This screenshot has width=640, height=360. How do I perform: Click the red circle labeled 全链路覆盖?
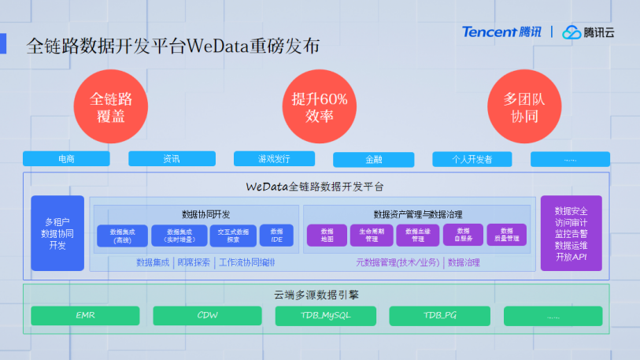[111, 107]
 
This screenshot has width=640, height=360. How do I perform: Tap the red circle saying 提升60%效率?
[319, 107]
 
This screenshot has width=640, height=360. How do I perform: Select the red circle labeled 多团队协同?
[525, 107]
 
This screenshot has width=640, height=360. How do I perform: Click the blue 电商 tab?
[66, 158]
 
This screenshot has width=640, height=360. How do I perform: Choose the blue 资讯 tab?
[172, 158]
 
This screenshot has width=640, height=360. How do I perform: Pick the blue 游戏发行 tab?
[274, 158]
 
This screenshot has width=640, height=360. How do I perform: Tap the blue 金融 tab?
[373, 159]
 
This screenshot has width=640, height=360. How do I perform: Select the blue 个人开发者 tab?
[472, 158]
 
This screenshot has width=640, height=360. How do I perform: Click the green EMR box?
[85, 316]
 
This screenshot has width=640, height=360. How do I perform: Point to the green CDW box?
[207, 316]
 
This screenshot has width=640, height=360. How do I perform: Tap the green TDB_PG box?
[441, 316]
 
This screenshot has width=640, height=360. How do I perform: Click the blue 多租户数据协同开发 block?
[57, 233]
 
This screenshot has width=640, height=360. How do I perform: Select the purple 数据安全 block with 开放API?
[571, 233]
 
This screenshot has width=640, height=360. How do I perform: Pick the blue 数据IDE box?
[276, 235]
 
